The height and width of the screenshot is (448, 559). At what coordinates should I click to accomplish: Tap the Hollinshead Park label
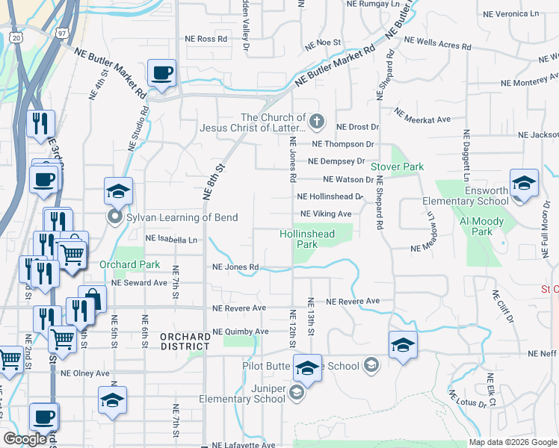[x=307, y=239]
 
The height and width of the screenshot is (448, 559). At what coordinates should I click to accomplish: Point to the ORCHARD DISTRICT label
[x=185, y=341]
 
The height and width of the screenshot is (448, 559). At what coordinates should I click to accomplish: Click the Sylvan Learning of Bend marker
[x=114, y=218]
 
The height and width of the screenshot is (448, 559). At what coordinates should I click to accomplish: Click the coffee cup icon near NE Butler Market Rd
[x=161, y=73]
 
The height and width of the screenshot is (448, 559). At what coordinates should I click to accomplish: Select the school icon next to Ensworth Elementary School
[x=524, y=184]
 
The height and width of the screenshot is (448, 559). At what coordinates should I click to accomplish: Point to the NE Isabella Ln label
[x=172, y=239]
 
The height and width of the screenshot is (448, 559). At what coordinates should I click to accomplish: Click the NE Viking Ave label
[x=326, y=214]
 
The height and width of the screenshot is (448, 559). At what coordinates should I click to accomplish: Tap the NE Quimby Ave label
[x=240, y=331]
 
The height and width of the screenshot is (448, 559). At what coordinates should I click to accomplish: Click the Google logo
[x=25, y=439]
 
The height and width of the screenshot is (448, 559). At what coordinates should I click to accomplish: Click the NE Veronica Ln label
[x=510, y=13]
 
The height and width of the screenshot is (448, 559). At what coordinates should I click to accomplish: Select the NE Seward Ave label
[x=139, y=283]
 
